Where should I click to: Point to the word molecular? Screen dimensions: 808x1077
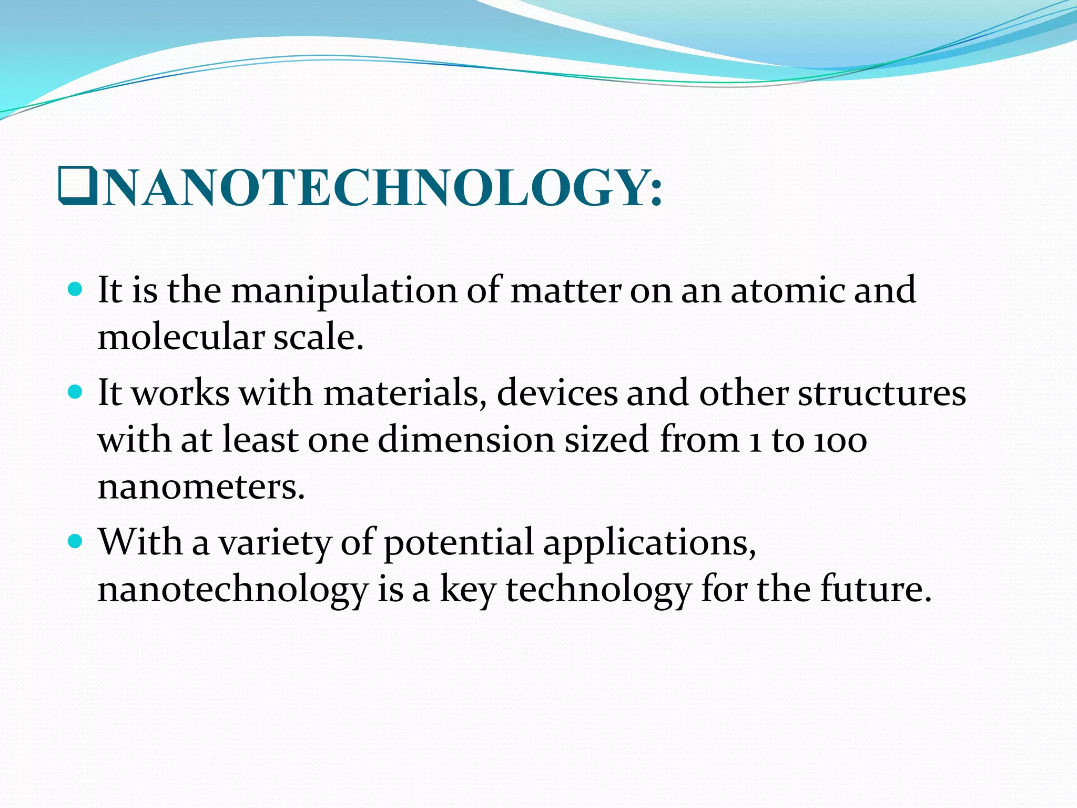[180, 337]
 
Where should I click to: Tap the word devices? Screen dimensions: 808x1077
[557, 393]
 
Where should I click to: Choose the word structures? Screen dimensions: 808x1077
[882, 394]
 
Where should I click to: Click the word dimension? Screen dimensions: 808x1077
[466, 440]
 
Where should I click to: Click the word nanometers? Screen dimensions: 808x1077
[200, 487]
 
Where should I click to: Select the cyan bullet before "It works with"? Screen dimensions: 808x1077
[76, 392]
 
